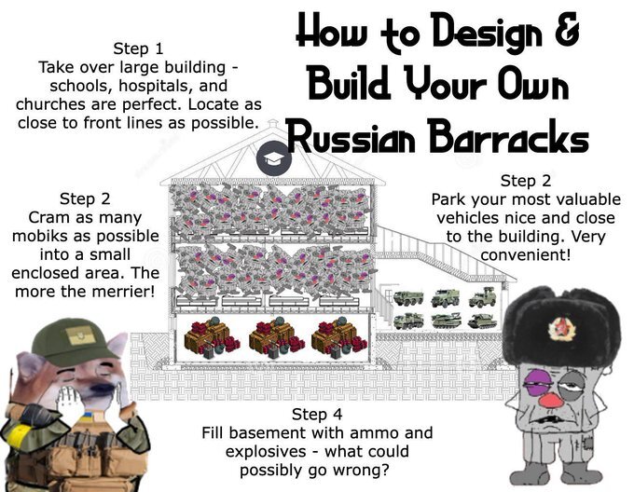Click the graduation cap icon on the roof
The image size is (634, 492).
[x=274, y=157]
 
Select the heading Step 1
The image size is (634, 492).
[x=138, y=48]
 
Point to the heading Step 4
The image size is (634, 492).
[x=317, y=415]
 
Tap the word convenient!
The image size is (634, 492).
[x=526, y=255]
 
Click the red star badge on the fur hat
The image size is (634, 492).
[x=561, y=328]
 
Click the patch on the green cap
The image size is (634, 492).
[x=80, y=335]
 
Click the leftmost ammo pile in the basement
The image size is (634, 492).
[x=212, y=338]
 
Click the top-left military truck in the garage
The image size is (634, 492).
[x=408, y=298]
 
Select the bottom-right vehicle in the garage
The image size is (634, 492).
[x=482, y=321]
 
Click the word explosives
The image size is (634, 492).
[x=266, y=452]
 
